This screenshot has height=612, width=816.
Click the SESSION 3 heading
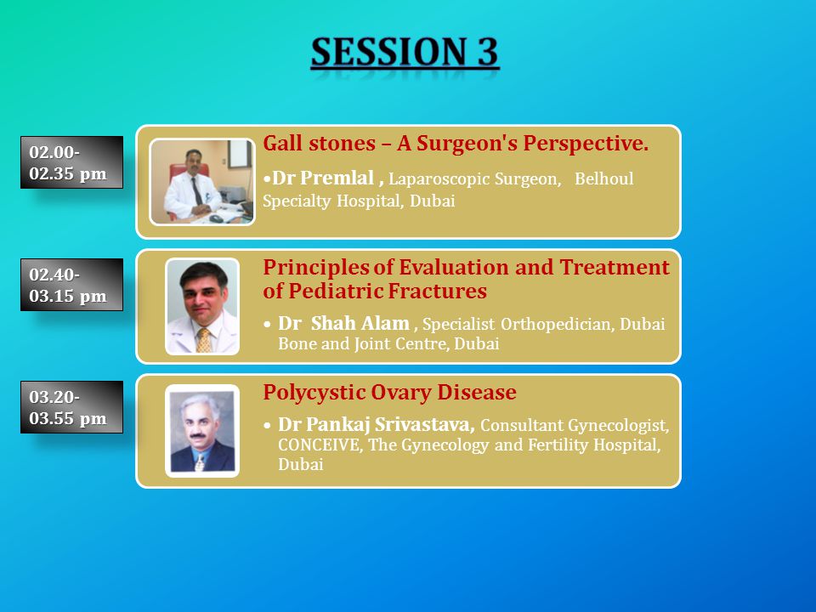point(405,52)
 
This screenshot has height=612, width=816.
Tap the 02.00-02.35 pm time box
point(71,162)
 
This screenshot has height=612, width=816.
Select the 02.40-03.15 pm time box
point(71,285)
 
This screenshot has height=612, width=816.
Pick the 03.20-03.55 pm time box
point(71,407)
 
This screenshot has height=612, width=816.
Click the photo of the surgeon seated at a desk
point(202,182)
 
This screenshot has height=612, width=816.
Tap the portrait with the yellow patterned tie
point(202,307)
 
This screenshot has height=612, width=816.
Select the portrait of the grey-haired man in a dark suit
point(202,431)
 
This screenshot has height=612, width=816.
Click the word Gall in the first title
point(282,143)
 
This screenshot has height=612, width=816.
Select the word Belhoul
point(604,178)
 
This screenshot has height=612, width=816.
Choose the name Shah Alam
point(360,323)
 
